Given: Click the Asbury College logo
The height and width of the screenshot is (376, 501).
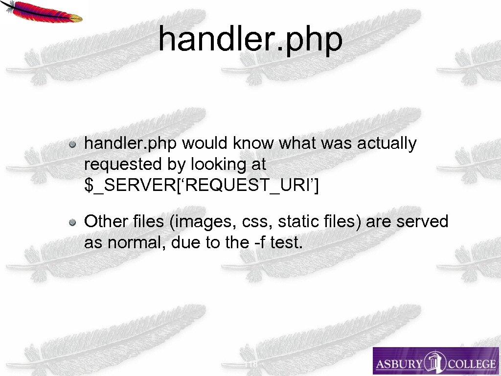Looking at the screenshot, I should click(435, 361).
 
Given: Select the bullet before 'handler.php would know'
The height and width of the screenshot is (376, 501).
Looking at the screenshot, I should click(72, 144).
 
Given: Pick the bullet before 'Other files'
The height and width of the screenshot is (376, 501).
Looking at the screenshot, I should click(72, 223).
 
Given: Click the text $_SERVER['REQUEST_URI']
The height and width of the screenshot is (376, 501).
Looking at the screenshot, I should click(201, 186).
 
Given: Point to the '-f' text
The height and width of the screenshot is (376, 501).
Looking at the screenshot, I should click(260, 242).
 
